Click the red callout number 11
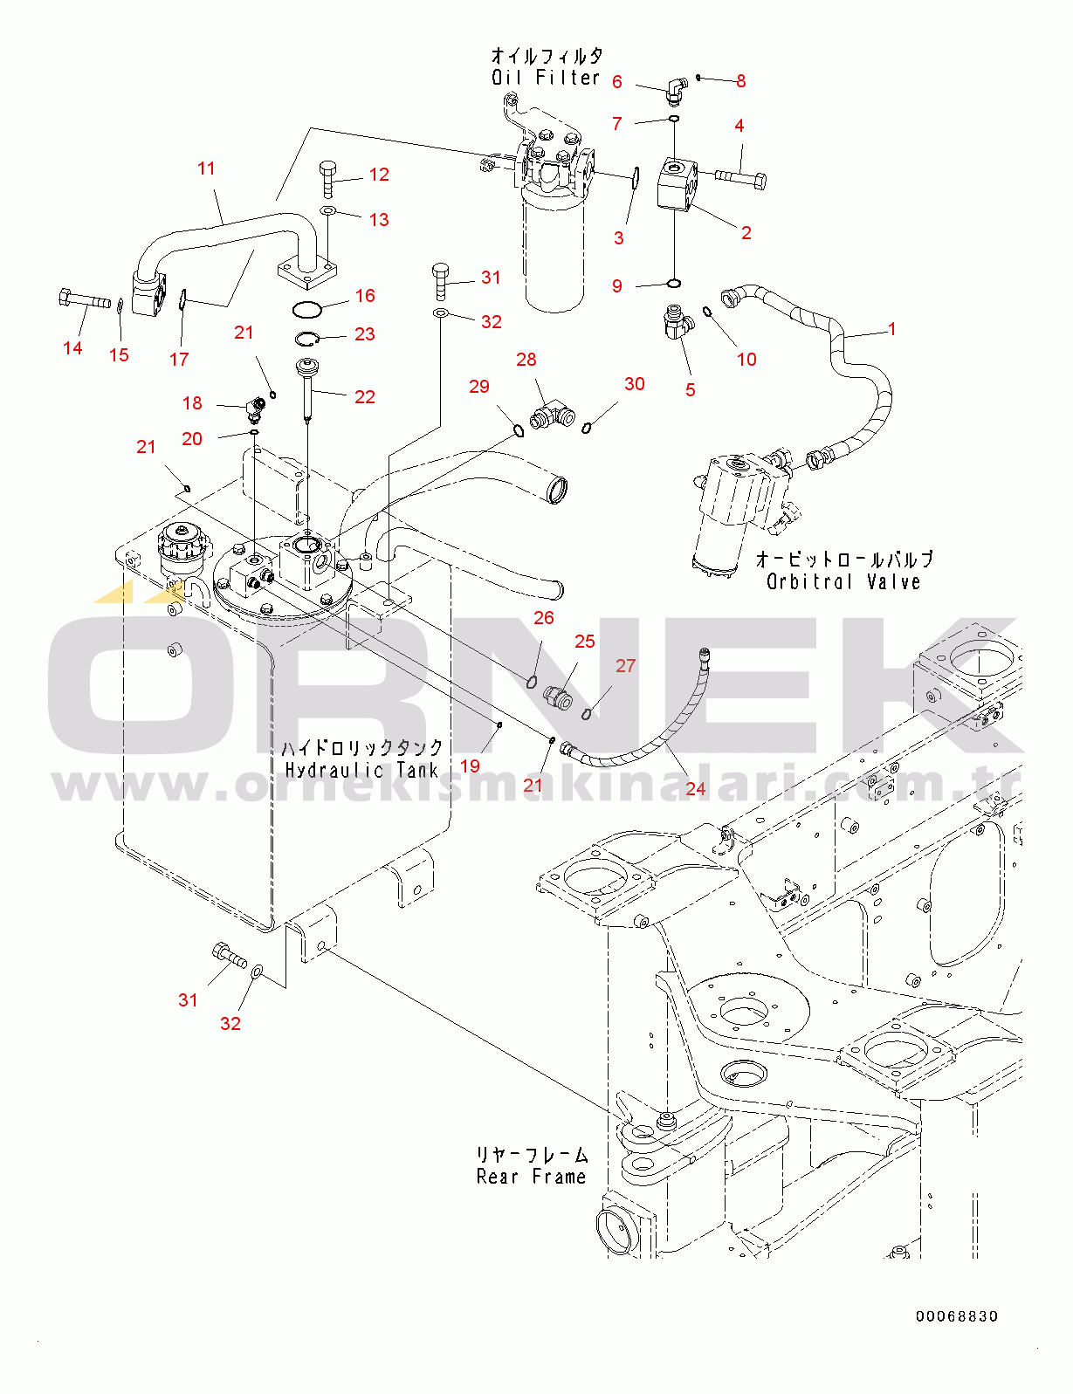(x=206, y=168)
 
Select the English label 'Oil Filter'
(x=546, y=78)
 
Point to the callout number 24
(x=695, y=789)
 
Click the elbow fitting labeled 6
(x=674, y=87)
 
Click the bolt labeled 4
(x=742, y=178)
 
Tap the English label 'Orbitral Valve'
(x=843, y=581)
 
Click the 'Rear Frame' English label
(x=531, y=1177)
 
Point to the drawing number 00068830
(x=957, y=1316)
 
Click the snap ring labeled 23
(x=306, y=339)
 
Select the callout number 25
(x=584, y=642)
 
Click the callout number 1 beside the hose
(x=891, y=329)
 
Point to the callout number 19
(x=470, y=766)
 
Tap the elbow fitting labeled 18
(x=254, y=408)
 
